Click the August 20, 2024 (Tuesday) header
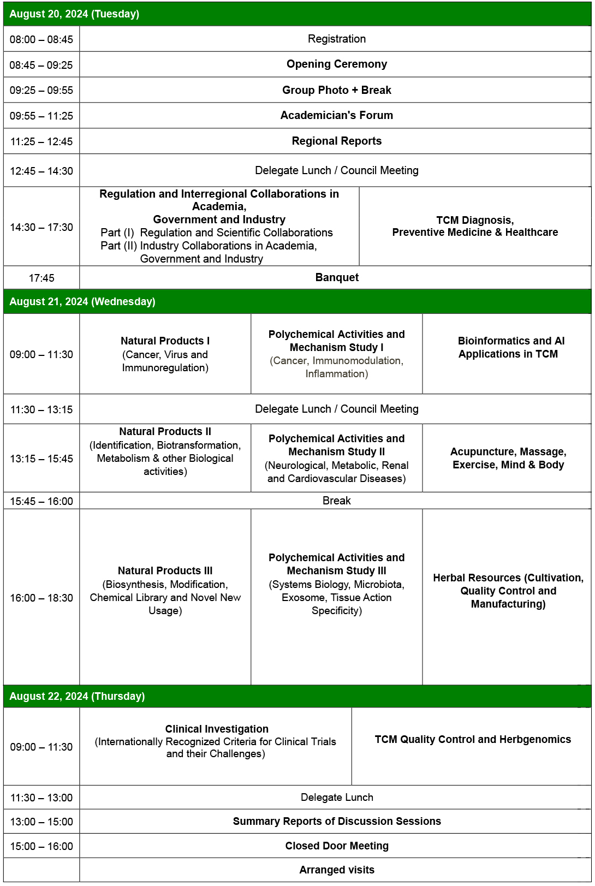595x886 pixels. coord(74,14)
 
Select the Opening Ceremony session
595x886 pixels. coord(336,64)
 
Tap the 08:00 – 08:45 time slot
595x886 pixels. coord(41,39)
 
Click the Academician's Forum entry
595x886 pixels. coord(336,115)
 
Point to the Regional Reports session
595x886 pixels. coord(336,141)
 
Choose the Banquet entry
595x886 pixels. coord(337,277)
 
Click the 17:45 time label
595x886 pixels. coord(41,278)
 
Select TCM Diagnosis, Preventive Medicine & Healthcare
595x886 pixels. coord(475,226)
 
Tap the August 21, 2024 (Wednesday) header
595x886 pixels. coord(82,301)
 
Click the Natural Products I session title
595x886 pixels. coord(165,341)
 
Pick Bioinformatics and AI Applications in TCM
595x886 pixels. coord(508,347)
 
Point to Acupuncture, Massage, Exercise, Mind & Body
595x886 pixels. coord(508,458)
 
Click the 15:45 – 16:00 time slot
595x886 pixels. coord(41,501)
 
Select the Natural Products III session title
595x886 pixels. coord(165,570)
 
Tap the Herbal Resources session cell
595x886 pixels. coord(508,591)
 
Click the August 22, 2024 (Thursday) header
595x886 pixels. coord(77,696)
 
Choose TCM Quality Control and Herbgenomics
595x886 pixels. coord(473,739)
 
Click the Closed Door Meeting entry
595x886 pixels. coord(337,846)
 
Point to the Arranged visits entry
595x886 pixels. coord(337,870)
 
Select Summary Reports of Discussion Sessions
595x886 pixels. coord(337,821)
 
